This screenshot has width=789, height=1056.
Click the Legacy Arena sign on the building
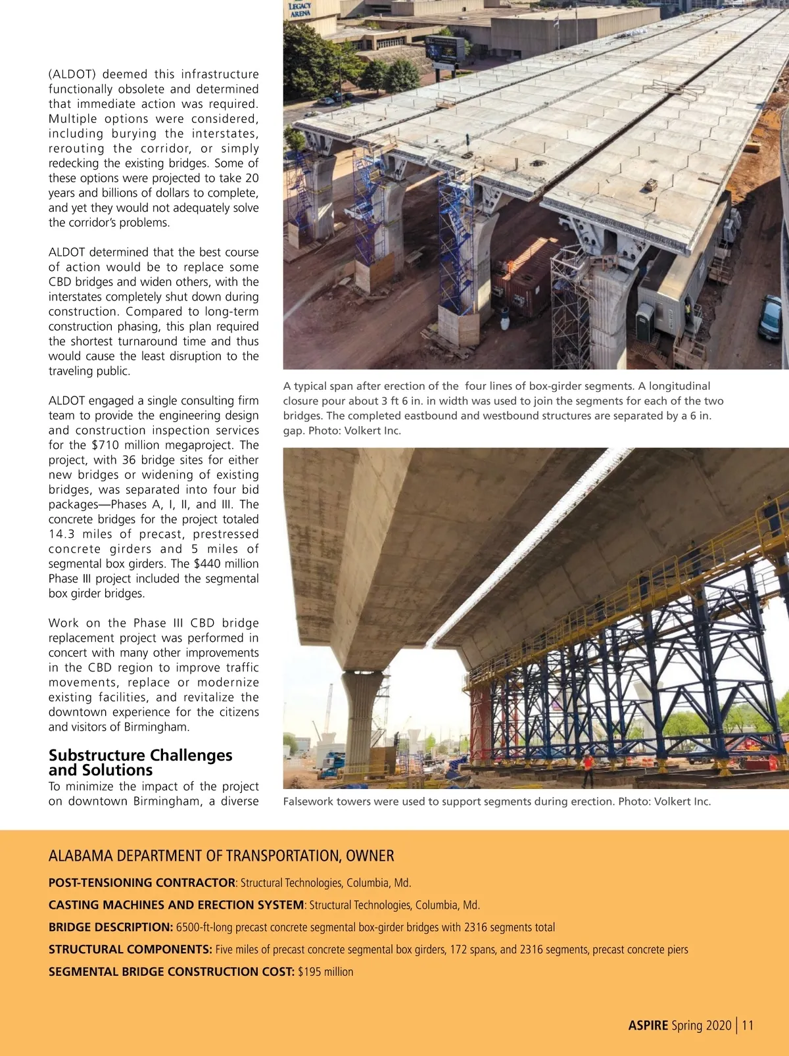coord(300,9)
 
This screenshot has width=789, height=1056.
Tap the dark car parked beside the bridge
coord(769,318)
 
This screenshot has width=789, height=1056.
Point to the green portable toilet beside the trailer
coord(644,322)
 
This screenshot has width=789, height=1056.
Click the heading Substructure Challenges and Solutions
coord(140,763)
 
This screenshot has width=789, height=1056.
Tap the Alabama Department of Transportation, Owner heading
coord(221,855)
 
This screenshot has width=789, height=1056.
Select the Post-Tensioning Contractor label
coord(141,883)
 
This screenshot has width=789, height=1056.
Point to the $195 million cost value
coord(325,972)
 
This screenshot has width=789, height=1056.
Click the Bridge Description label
coord(110,928)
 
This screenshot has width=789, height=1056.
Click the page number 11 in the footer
coord(748,1025)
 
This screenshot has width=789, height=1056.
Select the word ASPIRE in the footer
coord(648,1025)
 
